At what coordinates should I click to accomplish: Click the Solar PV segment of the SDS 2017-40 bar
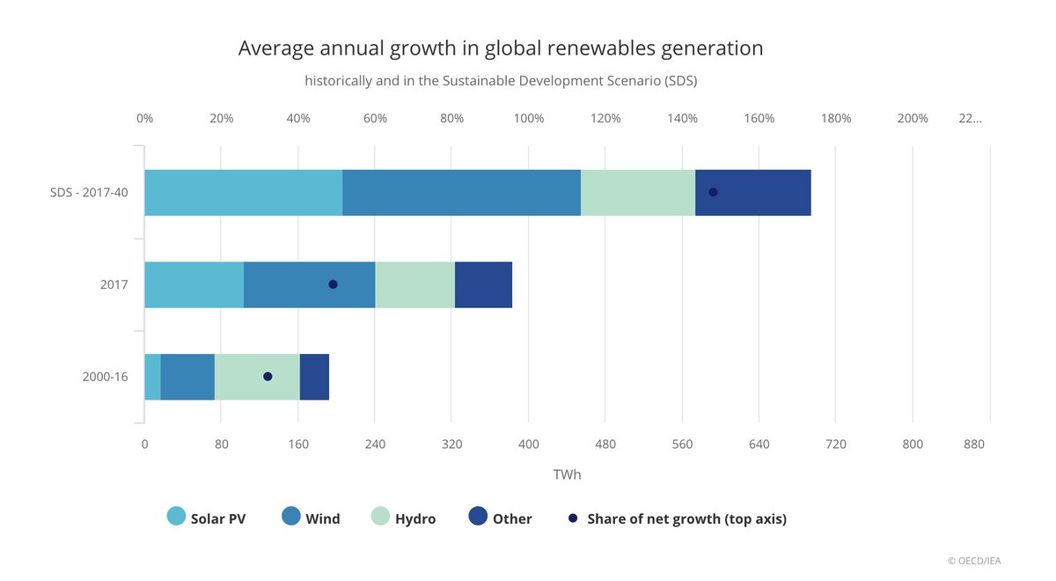pos(244,193)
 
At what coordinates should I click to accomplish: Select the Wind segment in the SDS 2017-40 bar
pos(461,193)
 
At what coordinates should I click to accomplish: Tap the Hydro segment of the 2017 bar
pos(414,285)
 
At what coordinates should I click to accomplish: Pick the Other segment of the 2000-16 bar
pos(314,377)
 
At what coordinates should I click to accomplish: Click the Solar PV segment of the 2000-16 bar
pos(153,377)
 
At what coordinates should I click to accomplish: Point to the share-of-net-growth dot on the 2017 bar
pos(333,284)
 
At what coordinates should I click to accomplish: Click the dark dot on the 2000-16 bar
pos(268,377)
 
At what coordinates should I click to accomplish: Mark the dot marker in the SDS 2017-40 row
pos(714,192)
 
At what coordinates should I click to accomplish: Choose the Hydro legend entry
pos(404,518)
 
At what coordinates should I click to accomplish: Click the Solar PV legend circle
pos(176,516)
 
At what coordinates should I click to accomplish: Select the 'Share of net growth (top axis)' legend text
pos(687,518)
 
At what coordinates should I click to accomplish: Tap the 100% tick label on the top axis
pos(529,118)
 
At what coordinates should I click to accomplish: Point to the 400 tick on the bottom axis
pos(529,445)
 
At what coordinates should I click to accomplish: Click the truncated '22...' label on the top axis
pos(970,118)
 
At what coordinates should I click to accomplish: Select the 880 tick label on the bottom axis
pos(974,445)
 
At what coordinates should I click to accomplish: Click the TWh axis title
pos(567,474)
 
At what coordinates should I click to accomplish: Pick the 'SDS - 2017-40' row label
pos(89,193)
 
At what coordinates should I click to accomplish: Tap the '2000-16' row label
pos(105,377)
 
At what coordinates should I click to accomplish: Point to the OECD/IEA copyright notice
pos(974,561)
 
